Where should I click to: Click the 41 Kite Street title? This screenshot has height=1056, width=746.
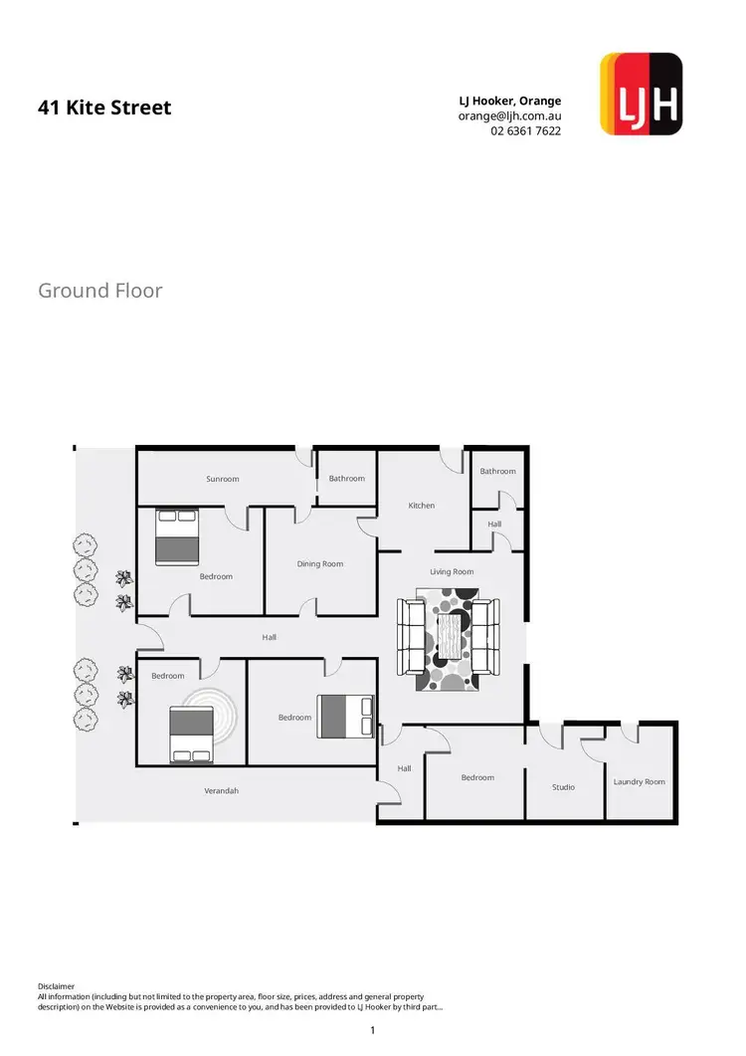pyautogui.click(x=104, y=107)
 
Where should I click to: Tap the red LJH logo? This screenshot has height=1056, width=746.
pyautogui.click(x=642, y=94)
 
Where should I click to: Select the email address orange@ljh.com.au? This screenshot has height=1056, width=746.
pyautogui.click(x=509, y=115)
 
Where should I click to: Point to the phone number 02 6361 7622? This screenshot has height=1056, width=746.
pyautogui.click(x=525, y=130)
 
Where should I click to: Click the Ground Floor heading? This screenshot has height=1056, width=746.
pyautogui.click(x=99, y=291)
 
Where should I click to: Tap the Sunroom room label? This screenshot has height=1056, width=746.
pyautogui.click(x=223, y=479)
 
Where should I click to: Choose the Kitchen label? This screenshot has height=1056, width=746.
pyautogui.click(x=422, y=506)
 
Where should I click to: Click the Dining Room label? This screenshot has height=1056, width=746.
pyautogui.click(x=320, y=564)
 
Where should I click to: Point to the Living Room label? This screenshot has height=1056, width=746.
pyautogui.click(x=452, y=572)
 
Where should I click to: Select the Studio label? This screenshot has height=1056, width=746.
pyautogui.click(x=563, y=787)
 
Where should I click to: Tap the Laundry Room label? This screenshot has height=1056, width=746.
pyautogui.click(x=640, y=782)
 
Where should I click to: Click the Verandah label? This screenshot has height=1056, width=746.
pyautogui.click(x=222, y=791)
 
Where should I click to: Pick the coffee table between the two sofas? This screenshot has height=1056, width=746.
pyautogui.click(x=452, y=633)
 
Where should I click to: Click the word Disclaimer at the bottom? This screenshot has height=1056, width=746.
pyautogui.click(x=56, y=986)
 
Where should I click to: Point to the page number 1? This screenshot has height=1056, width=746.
pyautogui.click(x=372, y=1030)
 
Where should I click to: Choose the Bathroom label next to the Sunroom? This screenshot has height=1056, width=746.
pyautogui.click(x=347, y=479)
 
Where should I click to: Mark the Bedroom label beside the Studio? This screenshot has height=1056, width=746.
pyautogui.click(x=477, y=777)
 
